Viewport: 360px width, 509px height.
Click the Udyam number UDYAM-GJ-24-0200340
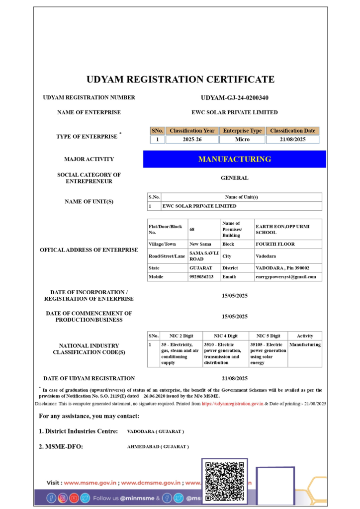coord(234,98)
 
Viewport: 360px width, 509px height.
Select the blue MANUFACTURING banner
coord(235,159)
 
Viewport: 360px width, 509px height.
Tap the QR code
coord(224,481)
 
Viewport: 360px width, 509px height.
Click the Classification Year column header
coord(192,131)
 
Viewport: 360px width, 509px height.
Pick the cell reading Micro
coord(242,140)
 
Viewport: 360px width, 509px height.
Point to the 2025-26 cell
coord(192,140)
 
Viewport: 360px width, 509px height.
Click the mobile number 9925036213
coord(201,277)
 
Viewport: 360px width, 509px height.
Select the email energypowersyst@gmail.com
coord(286,277)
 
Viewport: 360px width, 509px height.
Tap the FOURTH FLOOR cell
coord(275,244)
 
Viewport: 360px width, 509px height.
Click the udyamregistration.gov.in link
coord(232,404)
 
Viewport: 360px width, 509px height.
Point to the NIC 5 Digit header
coord(268,336)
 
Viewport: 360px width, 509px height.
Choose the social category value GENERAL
coord(234,178)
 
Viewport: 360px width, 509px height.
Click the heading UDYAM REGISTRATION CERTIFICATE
coord(180,80)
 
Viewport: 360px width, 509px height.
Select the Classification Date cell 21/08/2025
coord(292,140)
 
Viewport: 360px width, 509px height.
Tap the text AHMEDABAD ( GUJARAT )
coord(158,446)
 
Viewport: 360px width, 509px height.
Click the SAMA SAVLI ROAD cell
coord(203,256)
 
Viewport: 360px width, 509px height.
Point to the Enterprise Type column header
coord(242,131)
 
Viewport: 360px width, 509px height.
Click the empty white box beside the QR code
coord(275,485)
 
